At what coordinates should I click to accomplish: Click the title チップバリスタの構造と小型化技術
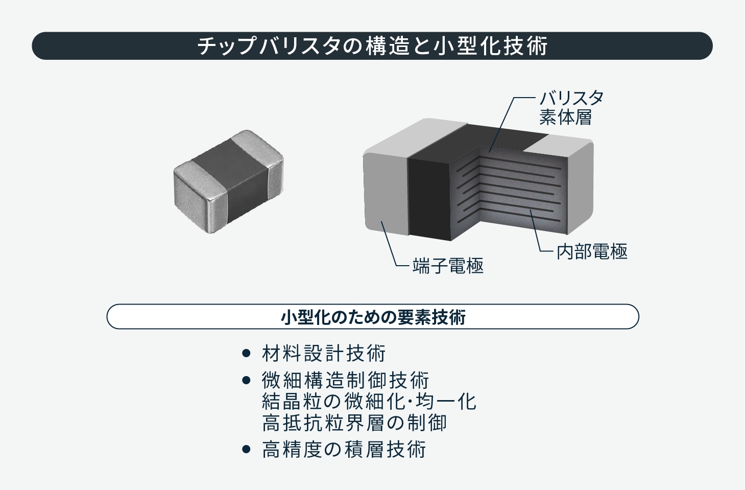372,46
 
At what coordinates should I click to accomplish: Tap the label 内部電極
592,251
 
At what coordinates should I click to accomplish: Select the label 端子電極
448,266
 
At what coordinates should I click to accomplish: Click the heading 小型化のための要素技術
373,317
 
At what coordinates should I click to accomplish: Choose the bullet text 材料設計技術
324,353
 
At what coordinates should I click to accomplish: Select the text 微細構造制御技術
345,380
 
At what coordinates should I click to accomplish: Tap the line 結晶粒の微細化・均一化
369,402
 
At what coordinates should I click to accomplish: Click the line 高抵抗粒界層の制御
354,423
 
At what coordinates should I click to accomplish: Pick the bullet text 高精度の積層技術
344,450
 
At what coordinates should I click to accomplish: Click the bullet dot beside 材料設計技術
246,353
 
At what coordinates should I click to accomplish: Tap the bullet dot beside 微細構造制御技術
246,380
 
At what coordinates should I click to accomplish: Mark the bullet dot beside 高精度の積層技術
246,450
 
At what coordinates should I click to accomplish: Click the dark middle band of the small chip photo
233,181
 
